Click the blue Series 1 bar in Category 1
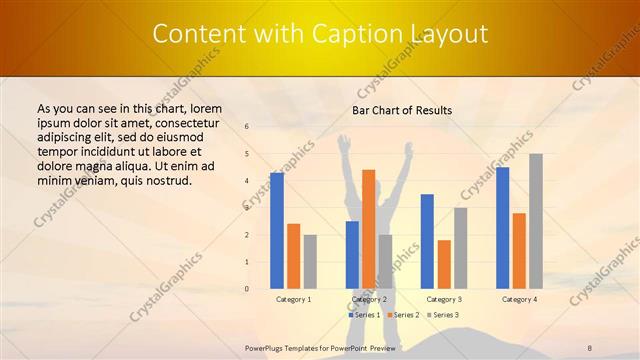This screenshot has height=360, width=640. (x=276, y=231)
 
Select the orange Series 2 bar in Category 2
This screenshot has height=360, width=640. (x=368, y=229)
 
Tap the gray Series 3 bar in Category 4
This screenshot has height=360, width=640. (x=536, y=221)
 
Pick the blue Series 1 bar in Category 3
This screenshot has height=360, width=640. (x=427, y=241)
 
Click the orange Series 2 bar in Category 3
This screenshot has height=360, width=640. (x=444, y=264)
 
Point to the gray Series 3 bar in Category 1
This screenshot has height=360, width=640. (x=310, y=262)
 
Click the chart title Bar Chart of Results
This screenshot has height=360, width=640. (x=402, y=110)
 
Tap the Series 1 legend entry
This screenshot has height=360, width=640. (x=364, y=315)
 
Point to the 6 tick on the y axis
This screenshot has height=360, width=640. (x=247, y=127)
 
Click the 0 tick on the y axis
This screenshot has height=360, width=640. (x=247, y=289)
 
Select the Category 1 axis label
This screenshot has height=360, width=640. (x=293, y=299)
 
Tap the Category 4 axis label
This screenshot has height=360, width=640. (x=519, y=299)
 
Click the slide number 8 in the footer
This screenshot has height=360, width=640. (x=590, y=347)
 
